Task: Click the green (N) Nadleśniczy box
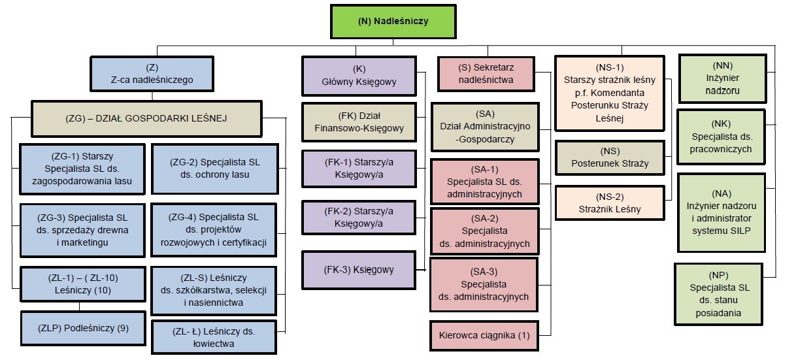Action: (393, 22)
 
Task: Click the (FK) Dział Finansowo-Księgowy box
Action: (359, 122)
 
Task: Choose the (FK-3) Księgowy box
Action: (359, 269)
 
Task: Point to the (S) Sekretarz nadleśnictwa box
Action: (486, 73)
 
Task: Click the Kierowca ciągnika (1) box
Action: (484, 336)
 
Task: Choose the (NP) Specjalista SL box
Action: (718, 294)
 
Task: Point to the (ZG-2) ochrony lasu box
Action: (213, 168)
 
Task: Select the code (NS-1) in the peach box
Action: (609, 67)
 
